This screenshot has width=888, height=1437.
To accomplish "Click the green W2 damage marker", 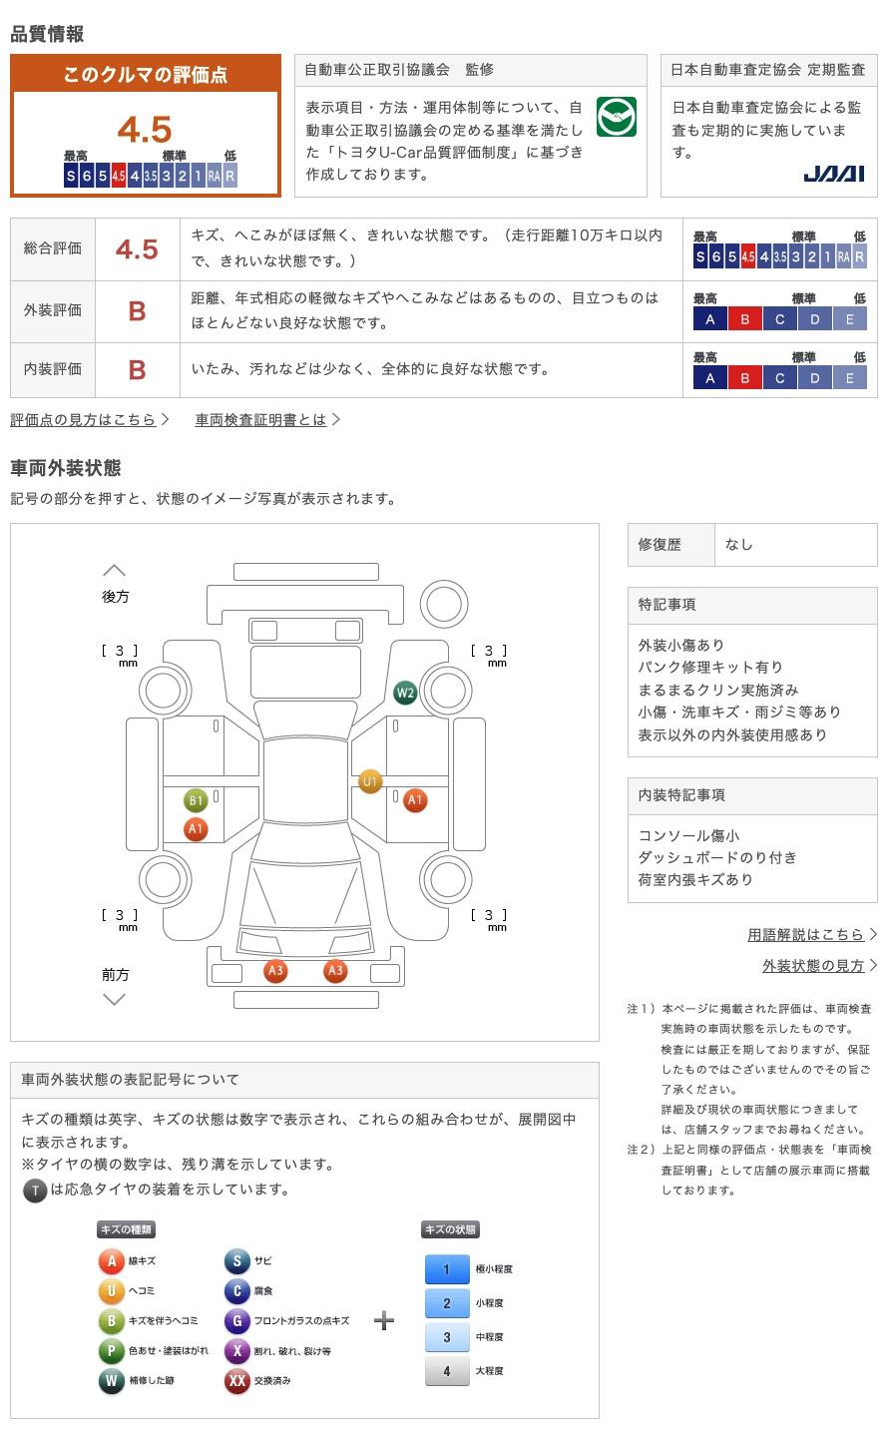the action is click(x=405, y=693).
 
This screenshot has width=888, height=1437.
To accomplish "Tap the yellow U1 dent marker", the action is click(x=369, y=780).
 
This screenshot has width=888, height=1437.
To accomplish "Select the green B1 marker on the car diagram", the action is click(x=196, y=800).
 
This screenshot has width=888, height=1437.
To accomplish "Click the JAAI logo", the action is click(x=833, y=174).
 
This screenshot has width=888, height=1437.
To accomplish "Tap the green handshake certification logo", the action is click(x=616, y=117).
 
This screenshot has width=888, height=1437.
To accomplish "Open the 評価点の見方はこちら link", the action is click(x=89, y=419).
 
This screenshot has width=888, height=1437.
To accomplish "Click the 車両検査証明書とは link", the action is click(x=267, y=419).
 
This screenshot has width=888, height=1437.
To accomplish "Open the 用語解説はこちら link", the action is click(x=811, y=934).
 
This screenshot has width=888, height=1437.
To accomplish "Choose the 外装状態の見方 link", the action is click(x=819, y=966).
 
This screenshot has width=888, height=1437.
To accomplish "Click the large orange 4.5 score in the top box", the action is click(x=145, y=129).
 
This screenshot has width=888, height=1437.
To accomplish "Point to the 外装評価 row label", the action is click(x=53, y=310).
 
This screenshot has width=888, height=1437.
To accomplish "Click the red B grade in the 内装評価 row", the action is click(x=137, y=369).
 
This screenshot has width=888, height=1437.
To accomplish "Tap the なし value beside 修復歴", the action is click(x=738, y=545).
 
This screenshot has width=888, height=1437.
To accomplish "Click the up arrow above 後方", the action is click(x=114, y=570).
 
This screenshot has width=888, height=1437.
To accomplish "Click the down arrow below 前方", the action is click(x=114, y=999).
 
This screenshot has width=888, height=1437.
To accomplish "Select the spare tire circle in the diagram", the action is click(x=444, y=604).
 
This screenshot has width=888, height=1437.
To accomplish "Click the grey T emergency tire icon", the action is click(x=35, y=1191).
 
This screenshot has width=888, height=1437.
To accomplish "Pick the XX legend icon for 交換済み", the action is click(x=237, y=1380).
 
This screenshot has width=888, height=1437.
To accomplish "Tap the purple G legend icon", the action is click(x=237, y=1320).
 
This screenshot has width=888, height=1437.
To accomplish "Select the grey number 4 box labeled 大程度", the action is click(x=447, y=1371).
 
